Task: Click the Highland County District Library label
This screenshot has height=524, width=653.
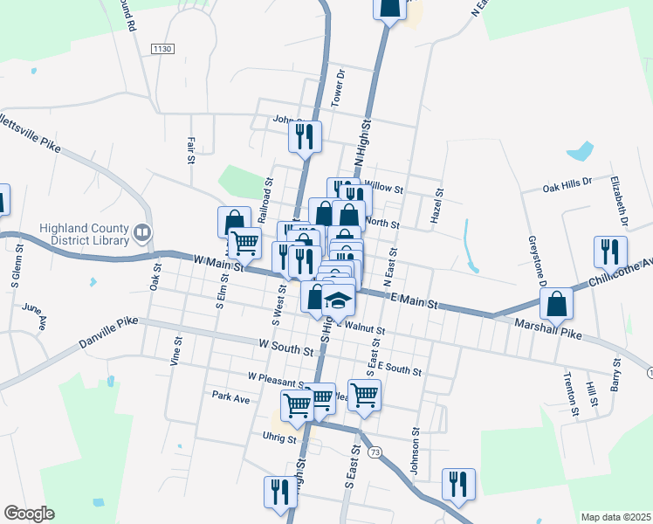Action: pos(84,234)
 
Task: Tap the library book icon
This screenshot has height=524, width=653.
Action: pos(141,233)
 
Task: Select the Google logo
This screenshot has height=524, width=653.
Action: pos(29,514)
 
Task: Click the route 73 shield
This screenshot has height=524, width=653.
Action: pos(375,452)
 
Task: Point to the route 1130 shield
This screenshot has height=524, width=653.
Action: pos(162,48)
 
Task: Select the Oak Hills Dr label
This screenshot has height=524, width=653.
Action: pos(567,186)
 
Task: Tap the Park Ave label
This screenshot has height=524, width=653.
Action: pos(230,396)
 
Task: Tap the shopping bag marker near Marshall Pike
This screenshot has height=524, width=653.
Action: pos(556,304)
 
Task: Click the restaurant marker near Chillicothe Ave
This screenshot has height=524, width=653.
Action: pos(610,252)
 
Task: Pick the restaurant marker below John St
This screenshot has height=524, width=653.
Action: pos(305,135)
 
